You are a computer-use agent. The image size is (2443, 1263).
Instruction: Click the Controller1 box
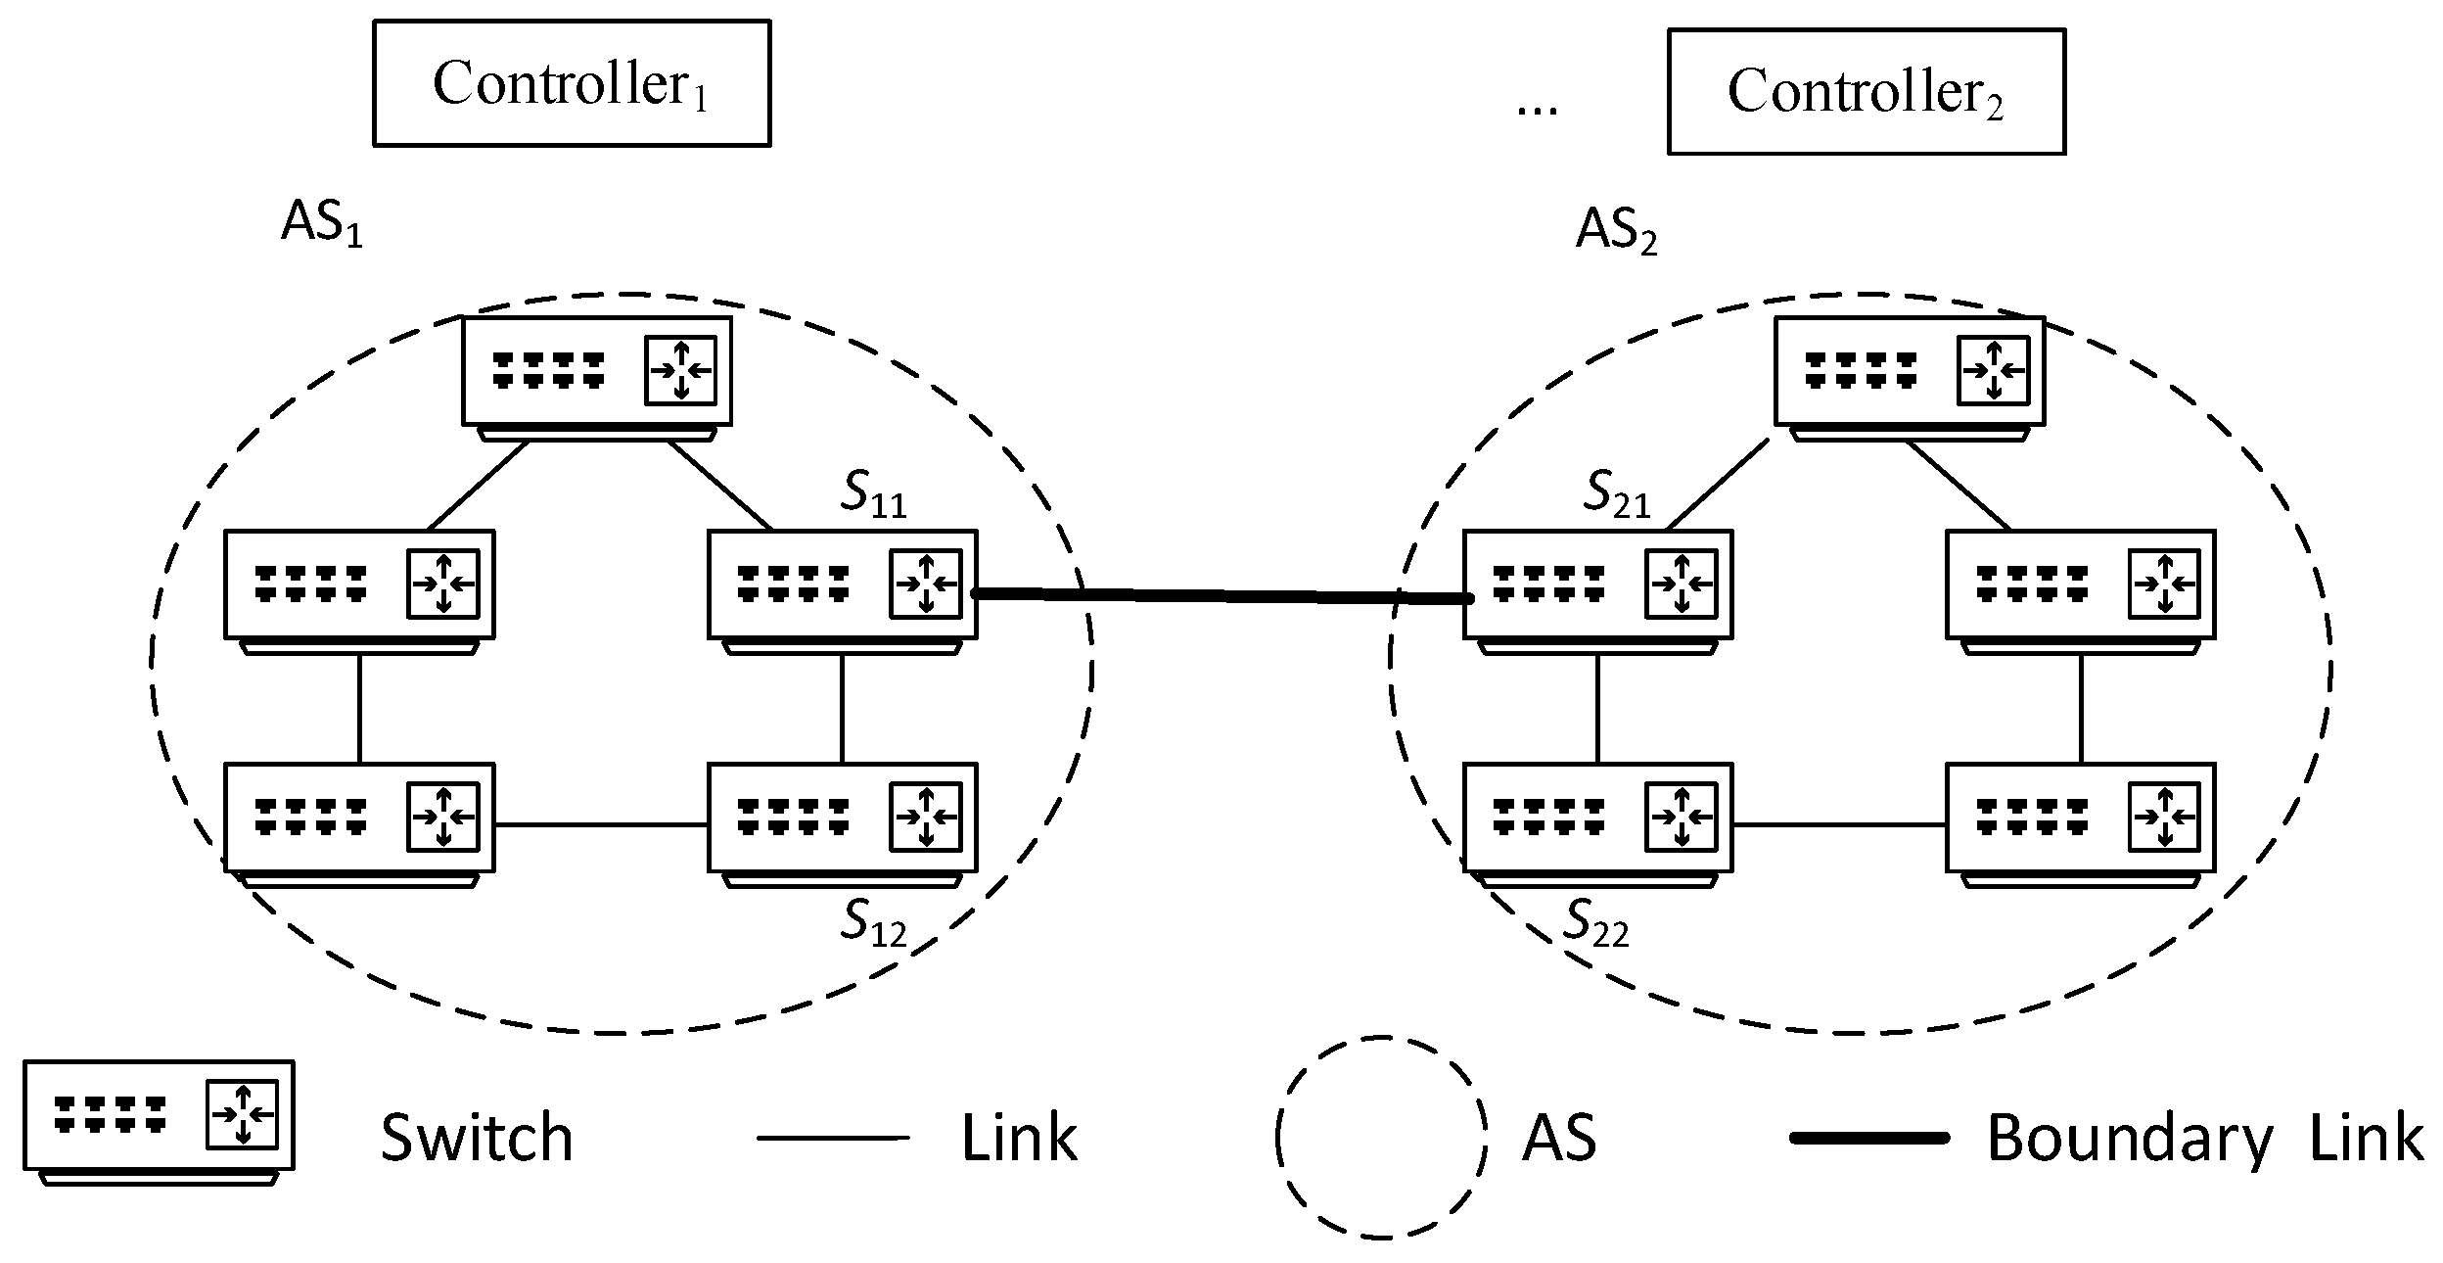(x=572, y=84)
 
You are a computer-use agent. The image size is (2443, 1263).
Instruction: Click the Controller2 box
(x=1866, y=92)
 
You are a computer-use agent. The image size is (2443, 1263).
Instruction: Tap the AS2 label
(x=1616, y=232)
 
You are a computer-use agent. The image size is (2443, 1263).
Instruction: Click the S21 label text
(x=1617, y=495)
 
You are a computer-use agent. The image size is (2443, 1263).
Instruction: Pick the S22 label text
(x=1597, y=924)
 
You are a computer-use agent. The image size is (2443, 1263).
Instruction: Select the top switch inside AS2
(x=1909, y=372)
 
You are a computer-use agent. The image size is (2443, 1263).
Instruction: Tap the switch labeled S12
(x=842, y=819)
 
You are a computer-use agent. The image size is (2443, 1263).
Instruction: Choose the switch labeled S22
(x=1597, y=819)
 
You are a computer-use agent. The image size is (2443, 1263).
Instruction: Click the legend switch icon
(x=159, y=1116)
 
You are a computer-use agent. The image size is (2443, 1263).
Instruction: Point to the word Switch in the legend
(x=477, y=1139)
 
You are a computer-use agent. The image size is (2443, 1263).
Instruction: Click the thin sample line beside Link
(x=833, y=1138)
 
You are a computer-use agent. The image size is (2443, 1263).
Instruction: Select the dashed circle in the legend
(x=1380, y=1138)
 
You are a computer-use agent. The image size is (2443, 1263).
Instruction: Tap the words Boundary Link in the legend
(x=2204, y=1139)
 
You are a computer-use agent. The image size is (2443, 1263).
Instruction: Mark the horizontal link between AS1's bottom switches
(x=601, y=825)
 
